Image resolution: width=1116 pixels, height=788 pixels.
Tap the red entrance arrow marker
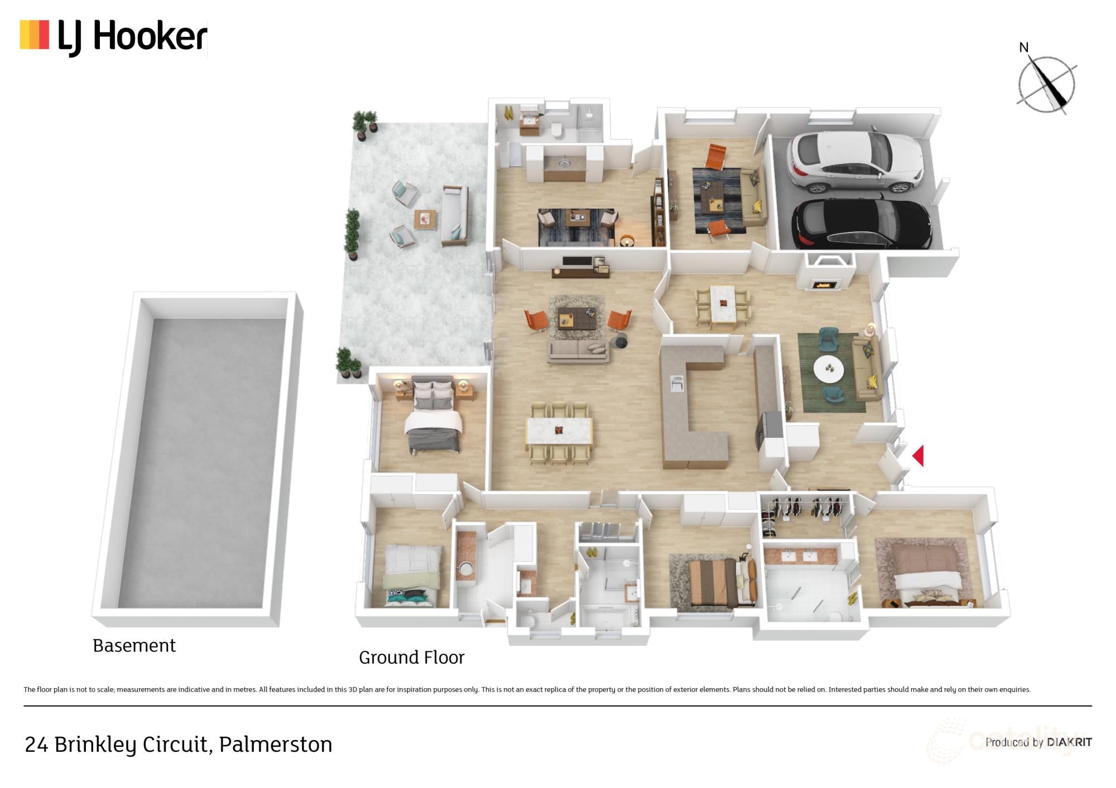tap(918, 456)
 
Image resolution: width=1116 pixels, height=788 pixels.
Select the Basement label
tap(134, 645)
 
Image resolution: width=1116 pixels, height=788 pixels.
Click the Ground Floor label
tap(411, 658)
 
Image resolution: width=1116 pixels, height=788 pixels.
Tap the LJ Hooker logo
tap(114, 37)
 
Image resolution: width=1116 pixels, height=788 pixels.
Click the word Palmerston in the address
tap(275, 745)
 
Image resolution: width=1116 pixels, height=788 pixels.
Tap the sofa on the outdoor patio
tap(454, 216)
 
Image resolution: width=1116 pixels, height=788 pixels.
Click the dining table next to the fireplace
tap(723, 304)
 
